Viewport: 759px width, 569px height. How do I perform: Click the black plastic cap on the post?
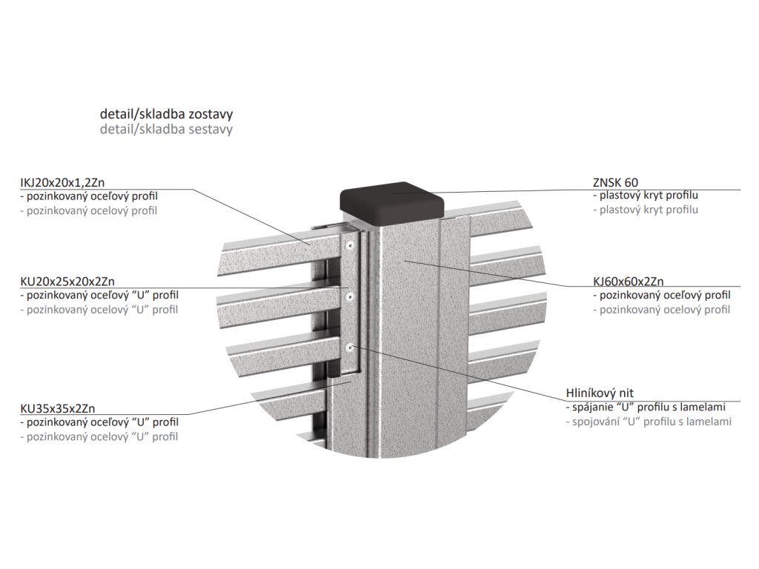(392, 203)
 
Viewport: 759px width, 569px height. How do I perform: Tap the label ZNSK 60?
(615, 182)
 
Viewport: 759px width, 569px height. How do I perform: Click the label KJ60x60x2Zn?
(628, 282)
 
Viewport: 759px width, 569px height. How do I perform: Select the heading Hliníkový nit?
(599, 393)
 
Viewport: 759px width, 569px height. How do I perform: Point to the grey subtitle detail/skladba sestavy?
(166, 129)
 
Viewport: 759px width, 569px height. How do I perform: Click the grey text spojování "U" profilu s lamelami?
(649, 422)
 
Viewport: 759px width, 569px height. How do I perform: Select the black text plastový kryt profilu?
(646, 196)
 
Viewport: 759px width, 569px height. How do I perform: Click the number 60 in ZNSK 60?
(631, 182)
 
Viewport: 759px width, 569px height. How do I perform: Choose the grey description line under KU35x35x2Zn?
(99, 436)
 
